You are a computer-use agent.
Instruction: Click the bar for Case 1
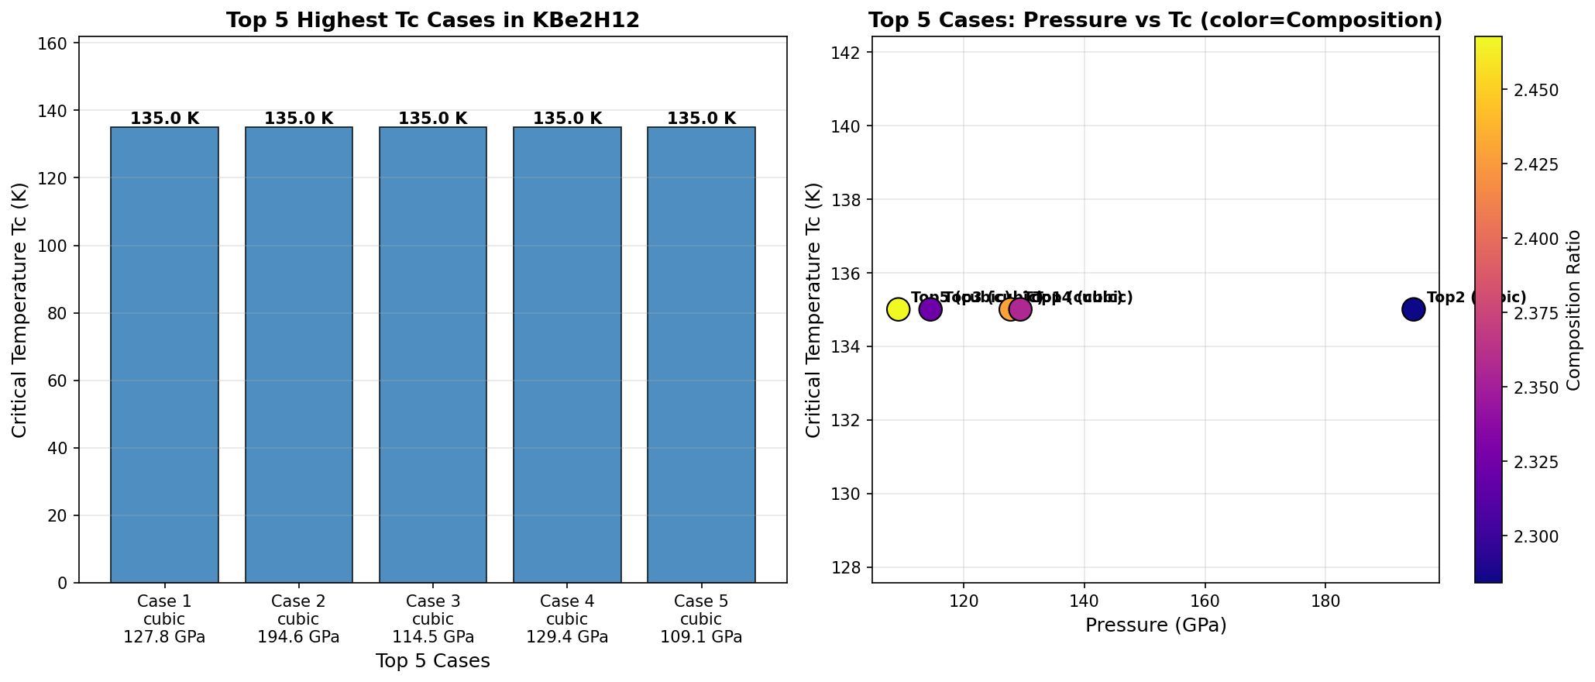pyautogui.click(x=164, y=354)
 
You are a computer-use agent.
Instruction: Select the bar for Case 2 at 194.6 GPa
pyautogui.click(x=299, y=354)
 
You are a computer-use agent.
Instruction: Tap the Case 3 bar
pyautogui.click(x=433, y=354)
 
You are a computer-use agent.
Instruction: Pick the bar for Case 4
pyautogui.click(x=567, y=354)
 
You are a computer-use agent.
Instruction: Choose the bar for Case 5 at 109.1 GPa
pyautogui.click(x=701, y=354)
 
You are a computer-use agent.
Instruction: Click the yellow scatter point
pyautogui.click(x=898, y=309)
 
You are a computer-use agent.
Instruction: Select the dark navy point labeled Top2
pyautogui.click(x=1413, y=309)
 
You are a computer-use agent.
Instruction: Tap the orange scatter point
pyautogui.click(x=1009, y=309)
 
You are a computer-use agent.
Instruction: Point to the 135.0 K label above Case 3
pyautogui.click(x=433, y=119)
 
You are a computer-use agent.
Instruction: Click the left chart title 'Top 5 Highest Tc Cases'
pyautogui.click(x=432, y=21)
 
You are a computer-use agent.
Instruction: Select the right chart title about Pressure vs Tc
pyautogui.click(x=1155, y=21)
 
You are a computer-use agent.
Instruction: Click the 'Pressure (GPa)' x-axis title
pyautogui.click(x=1155, y=625)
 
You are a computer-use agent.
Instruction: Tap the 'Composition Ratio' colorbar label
pyautogui.click(x=1573, y=309)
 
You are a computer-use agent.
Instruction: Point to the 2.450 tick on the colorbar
pyautogui.click(x=1529, y=91)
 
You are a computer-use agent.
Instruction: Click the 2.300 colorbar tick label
pyautogui.click(x=1529, y=536)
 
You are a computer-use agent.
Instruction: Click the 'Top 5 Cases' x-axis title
pyautogui.click(x=432, y=661)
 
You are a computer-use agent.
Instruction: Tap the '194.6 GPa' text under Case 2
pyautogui.click(x=299, y=637)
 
